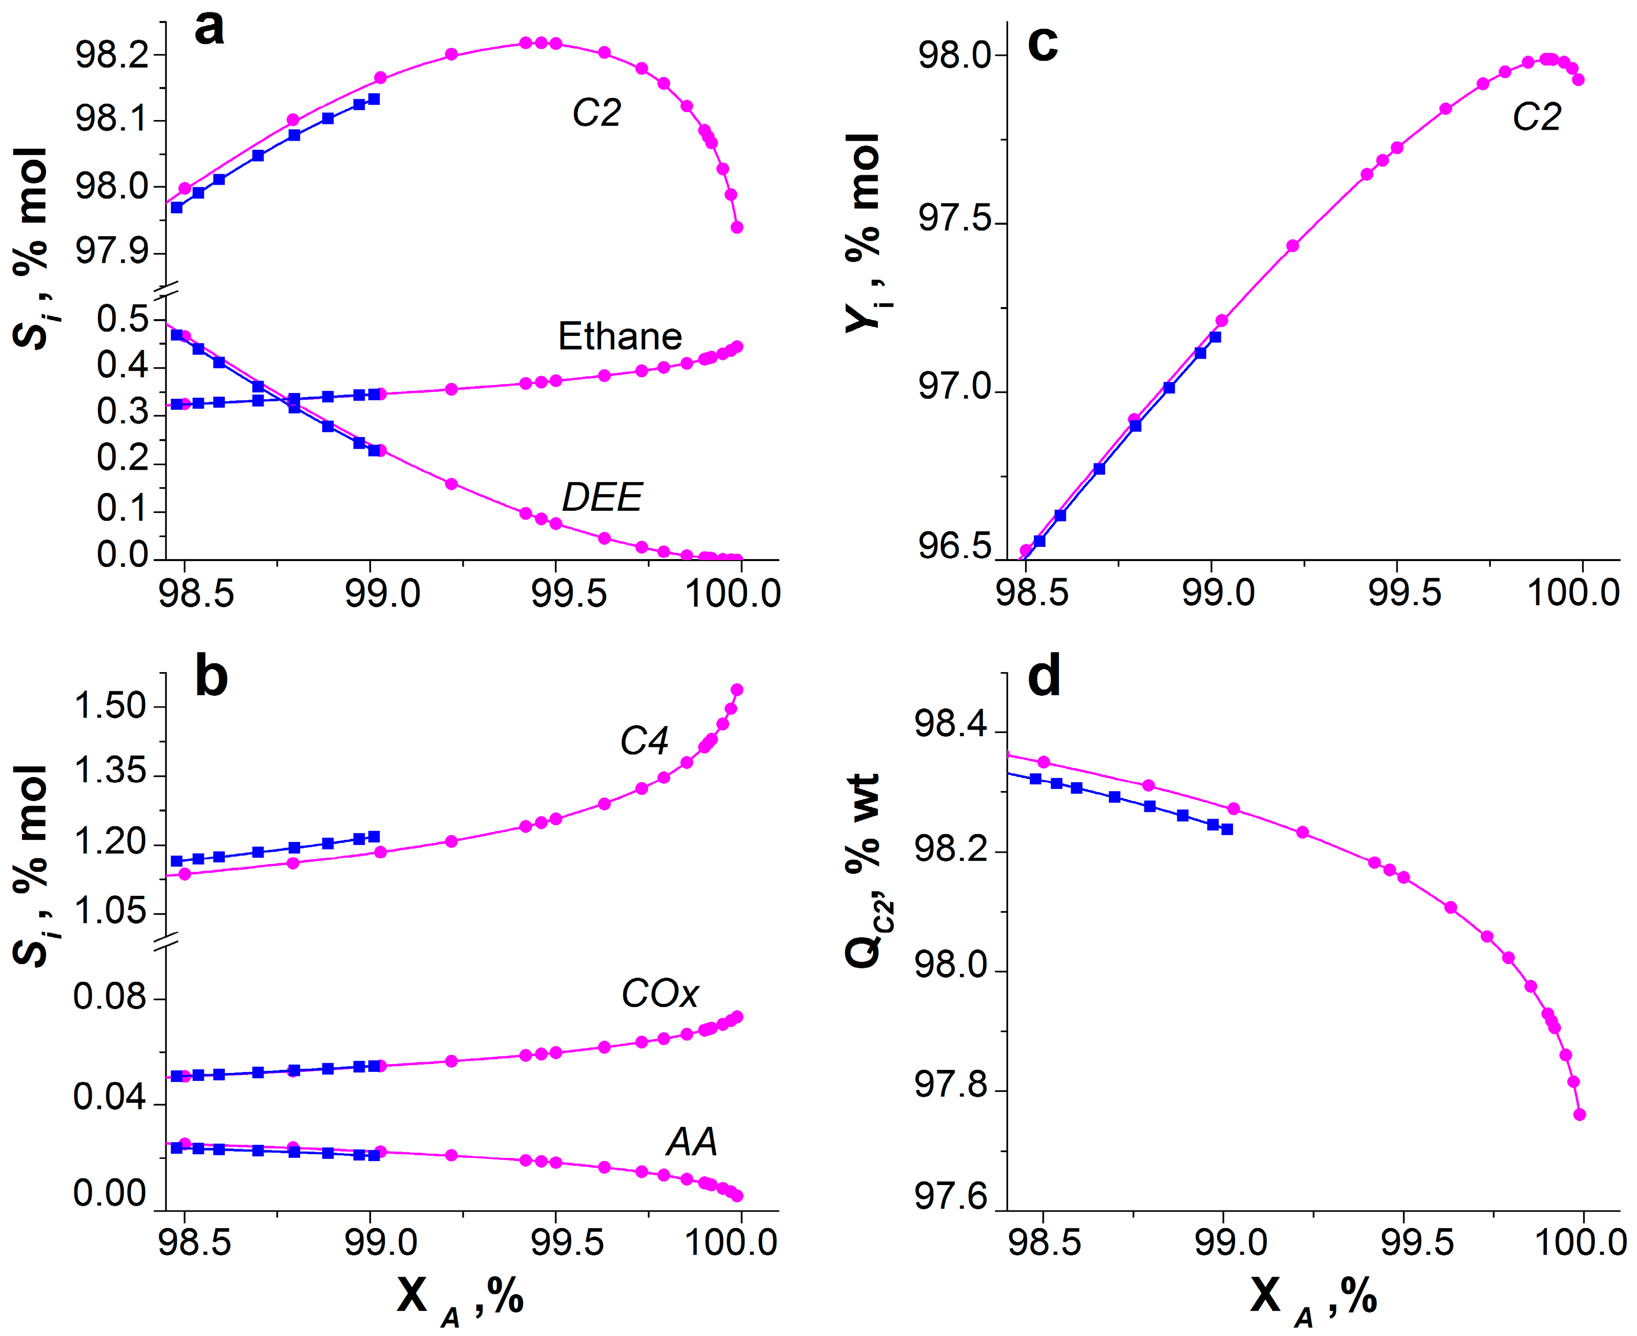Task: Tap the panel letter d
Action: point(1044,676)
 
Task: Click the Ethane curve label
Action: point(619,336)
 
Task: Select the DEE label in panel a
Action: point(602,497)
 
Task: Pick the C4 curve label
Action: point(644,741)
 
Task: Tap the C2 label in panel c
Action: point(1536,118)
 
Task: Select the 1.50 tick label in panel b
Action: point(110,706)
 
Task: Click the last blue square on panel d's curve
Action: point(1227,829)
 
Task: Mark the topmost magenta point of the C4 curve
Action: point(737,689)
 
